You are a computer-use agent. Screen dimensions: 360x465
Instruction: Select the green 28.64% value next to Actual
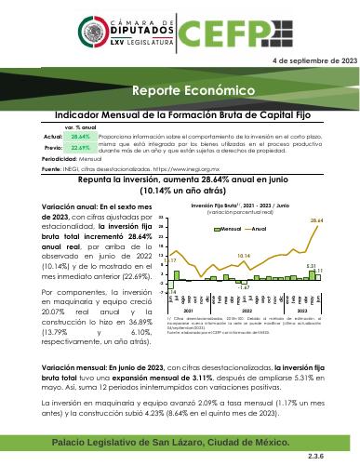click(54, 136)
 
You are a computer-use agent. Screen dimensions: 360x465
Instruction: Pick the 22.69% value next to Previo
click(54, 147)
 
